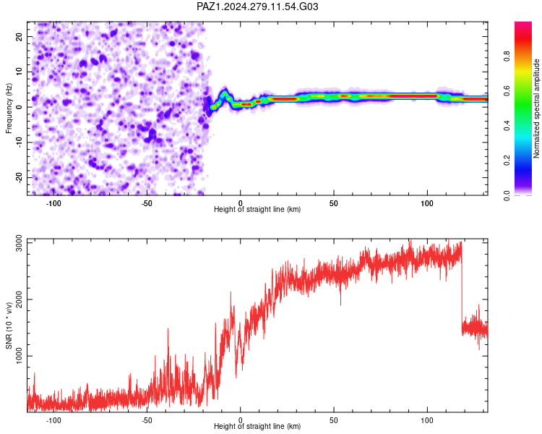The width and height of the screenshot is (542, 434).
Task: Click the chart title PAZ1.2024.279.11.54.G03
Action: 257,7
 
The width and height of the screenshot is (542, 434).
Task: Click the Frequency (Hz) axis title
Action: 9,109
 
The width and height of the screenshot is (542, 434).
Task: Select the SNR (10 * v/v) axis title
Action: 9,325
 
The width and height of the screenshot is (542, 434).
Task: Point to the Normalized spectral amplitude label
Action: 536,109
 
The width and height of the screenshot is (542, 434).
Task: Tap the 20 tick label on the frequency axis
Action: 19,36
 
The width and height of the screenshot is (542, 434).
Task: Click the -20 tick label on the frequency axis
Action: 19,177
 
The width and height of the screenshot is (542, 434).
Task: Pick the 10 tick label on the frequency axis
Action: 19,72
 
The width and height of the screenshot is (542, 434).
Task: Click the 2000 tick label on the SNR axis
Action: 19,299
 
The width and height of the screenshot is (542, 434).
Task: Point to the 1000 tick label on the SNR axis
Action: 19,356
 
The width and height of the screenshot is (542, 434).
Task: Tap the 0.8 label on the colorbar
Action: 507,56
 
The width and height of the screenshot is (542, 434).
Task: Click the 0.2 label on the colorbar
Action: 507,161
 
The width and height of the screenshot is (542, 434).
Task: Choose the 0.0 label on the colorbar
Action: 507,195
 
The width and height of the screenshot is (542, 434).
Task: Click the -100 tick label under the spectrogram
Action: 53,203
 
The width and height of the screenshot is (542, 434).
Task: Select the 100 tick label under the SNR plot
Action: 427,420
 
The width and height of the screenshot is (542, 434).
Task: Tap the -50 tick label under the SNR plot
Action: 147,420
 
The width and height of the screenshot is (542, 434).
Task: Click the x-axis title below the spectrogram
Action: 257,209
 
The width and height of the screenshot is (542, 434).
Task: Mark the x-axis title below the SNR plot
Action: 257,426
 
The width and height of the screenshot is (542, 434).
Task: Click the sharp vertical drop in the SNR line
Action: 462,287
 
